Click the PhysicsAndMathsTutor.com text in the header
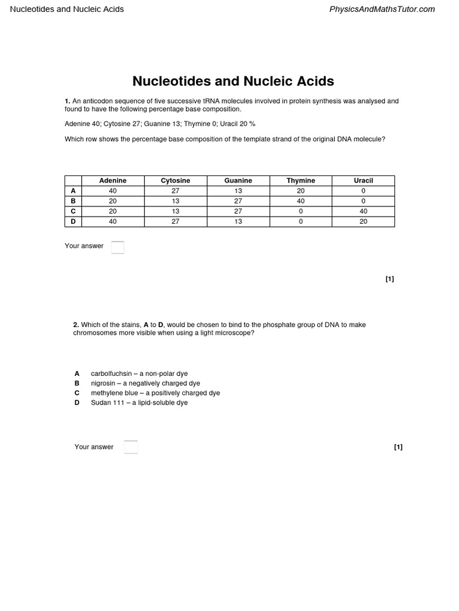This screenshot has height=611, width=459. (382, 9)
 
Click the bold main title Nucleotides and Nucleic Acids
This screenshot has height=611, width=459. (232, 81)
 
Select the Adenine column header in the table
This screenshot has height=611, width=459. (113, 180)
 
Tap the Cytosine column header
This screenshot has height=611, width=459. (176, 180)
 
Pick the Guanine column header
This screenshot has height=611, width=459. (238, 180)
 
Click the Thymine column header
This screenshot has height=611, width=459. (301, 180)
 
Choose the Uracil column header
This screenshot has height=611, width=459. (363, 180)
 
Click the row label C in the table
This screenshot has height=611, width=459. (73, 211)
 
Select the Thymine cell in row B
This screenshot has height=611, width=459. (301, 201)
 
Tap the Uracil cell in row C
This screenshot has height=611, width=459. (363, 211)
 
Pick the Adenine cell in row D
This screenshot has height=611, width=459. (113, 221)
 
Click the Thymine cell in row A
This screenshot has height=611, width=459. (301, 191)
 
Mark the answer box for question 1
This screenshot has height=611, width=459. (118, 247)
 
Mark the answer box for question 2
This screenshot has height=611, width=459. (130, 447)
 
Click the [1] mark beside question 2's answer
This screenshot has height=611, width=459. (398, 447)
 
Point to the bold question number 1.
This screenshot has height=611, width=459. (68, 101)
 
